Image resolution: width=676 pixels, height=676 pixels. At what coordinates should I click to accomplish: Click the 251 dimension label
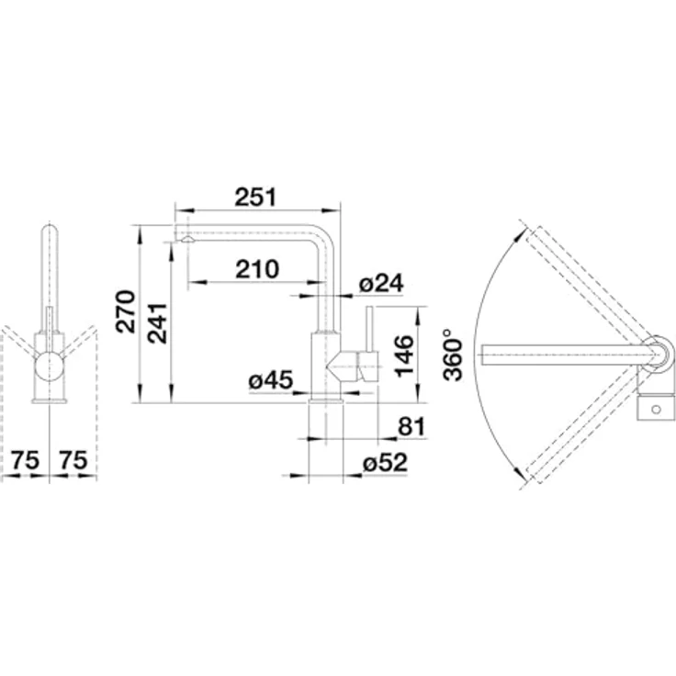pos(255,197)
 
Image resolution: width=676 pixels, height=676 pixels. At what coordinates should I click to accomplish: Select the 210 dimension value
pos(257,269)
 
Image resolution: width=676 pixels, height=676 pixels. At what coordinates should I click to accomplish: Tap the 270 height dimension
pos(126,311)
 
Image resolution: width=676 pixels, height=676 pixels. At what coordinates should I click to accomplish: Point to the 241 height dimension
pos(157,323)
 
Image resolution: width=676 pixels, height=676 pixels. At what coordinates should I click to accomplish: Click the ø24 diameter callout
pos(381,283)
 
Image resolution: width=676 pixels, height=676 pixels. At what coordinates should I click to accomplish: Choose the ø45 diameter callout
pos(271,380)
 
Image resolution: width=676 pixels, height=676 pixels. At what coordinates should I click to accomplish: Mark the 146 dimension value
pos(404,356)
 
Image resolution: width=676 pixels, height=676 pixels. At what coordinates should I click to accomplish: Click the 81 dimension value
pos(411,426)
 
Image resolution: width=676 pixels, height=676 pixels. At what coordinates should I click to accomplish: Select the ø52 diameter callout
pos(385,463)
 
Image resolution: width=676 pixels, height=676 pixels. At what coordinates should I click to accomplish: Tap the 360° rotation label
pos(453,355)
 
